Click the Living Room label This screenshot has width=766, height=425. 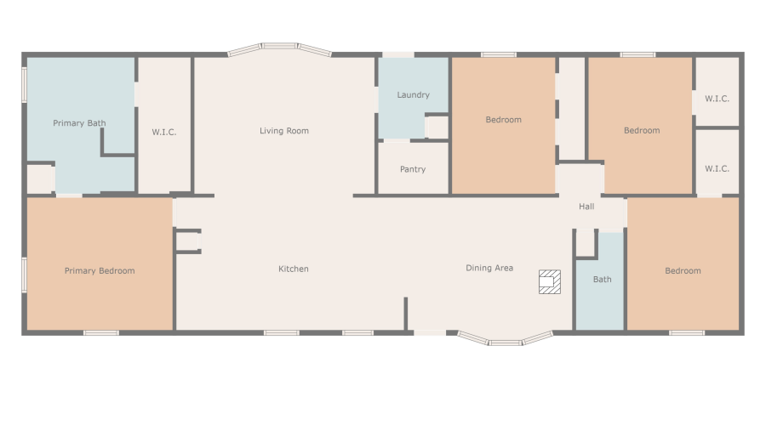pos(284,131)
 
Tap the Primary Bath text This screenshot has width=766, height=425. pos(79,123)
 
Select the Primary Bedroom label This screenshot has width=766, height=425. pos(100,271)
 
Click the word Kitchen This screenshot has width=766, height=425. pos(294,269)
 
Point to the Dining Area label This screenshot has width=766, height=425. pos(489,269)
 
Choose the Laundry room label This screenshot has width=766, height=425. pos(413,95)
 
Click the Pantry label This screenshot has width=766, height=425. pos(413,169)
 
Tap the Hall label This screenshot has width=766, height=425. pos(586,207)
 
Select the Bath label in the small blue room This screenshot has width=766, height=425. pos(602,280)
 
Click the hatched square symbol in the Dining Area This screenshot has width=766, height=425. pos(550,282)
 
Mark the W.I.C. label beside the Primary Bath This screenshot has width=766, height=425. pos(164,132)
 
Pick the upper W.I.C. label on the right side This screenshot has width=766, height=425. pos(717,99)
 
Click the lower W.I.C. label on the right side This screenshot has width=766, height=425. pos(717,168)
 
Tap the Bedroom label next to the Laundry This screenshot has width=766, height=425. pos(503,120)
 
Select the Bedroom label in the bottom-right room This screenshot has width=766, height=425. pos(683,271)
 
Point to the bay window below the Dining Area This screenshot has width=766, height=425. pos(506,340)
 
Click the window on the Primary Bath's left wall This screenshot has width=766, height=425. pos(25,85)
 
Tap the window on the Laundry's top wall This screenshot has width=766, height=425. pos(397,55)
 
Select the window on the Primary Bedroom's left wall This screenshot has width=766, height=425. pos(25,274)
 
